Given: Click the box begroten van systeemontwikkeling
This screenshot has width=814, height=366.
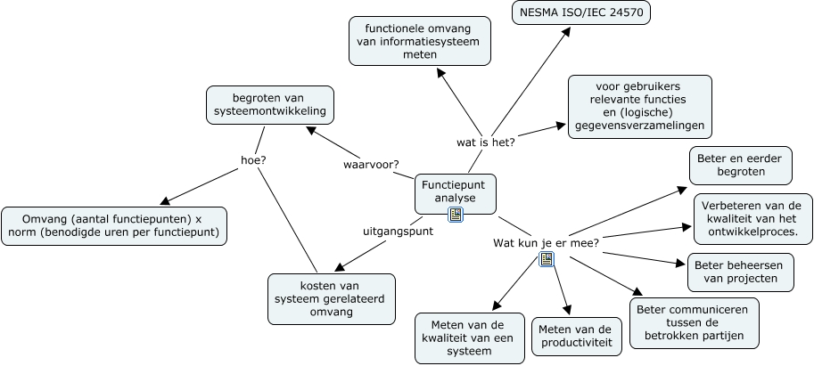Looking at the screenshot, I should [x=270, y=104].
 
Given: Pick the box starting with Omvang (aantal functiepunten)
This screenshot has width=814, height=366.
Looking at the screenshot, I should [x=113, y=226].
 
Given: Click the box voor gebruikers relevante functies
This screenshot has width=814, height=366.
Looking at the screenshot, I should [x=639, y=107].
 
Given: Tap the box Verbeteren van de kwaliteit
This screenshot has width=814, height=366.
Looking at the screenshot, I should [x=752, y=219].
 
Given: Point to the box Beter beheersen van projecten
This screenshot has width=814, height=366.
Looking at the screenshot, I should [x=740, y=272].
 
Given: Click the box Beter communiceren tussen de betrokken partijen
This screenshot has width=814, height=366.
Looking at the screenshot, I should [x=695, y=323].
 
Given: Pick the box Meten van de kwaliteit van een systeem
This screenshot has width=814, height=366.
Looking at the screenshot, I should [x=469, y=338].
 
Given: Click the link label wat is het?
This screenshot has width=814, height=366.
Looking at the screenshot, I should [x=486, y=142].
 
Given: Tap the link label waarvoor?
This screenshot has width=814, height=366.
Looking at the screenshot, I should [x=371, y=164].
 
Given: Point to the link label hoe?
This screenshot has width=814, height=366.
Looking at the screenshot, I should [x=254, y=160].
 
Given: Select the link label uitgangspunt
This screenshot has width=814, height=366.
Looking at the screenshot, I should [x=398, y=231].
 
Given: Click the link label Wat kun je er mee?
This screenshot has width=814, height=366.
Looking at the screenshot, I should [x=546, y=242].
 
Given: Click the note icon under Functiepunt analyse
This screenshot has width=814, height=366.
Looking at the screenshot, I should [x=456, y=215].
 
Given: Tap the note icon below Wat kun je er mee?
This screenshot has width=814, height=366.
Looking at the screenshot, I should [x=547, y=259].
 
